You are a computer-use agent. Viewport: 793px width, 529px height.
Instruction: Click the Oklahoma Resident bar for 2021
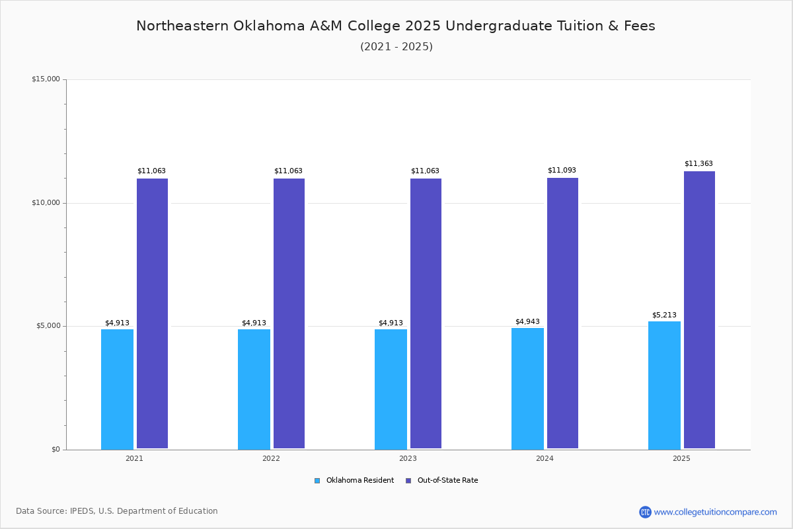click(117, 389)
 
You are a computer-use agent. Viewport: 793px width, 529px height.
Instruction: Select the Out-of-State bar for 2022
click(289, 313)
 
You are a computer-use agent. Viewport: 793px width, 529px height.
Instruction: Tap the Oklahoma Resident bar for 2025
click(664, 385)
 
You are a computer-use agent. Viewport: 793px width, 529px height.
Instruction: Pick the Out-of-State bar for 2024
click(562, 313)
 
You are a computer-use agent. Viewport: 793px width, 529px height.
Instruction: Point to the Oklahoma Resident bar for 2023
click(391, 389)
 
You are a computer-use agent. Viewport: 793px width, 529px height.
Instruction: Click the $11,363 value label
click(699, 164)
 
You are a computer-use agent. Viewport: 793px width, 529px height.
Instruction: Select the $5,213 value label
click(664, 315)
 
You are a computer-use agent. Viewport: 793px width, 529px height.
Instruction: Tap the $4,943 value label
click(527, 322)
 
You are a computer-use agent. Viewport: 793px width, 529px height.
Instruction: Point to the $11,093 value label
click(562, 171)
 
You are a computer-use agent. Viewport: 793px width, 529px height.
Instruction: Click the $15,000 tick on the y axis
click(46, 79)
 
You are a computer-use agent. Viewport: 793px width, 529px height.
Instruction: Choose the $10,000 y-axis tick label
click(46, 202)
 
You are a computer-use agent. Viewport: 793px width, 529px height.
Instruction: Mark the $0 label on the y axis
click(56, 450)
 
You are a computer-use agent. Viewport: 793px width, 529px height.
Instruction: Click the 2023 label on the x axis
click(408, 458)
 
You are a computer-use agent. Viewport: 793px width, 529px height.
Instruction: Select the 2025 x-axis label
click(681, 458)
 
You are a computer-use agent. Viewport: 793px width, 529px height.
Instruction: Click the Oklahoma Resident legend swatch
click(317, 481)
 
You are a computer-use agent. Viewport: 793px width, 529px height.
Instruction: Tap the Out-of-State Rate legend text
click(448, 481)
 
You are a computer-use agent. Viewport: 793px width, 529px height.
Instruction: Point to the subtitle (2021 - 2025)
click(397, 47)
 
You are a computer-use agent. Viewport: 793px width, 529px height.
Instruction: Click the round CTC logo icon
click(646, 512)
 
